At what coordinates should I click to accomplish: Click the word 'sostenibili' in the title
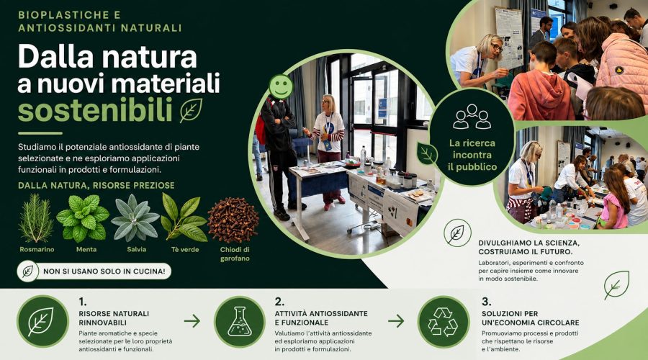tap(95, 110)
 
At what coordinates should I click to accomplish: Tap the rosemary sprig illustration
tap(37, 218)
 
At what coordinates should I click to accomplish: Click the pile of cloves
tap(233, 220)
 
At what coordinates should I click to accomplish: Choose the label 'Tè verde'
tap(185, 250)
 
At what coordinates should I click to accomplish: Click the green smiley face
tap(281, 87)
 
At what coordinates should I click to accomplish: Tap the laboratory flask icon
tap(240, 321)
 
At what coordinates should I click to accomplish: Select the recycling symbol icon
tap(443, 322)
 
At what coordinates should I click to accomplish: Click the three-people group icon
tap(472, 117)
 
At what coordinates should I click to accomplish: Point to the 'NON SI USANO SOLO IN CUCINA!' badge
tap(94, 271)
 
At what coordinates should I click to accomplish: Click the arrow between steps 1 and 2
tap(192, 320)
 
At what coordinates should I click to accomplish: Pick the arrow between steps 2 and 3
tap(396, 320)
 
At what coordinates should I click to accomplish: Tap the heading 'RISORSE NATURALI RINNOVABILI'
tap(114, 318)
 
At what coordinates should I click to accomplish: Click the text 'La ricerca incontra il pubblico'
tap(472, 155)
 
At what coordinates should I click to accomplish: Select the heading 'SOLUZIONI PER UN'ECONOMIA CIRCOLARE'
tap(530, 318)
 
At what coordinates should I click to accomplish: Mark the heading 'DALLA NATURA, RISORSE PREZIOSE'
tap(96, 185)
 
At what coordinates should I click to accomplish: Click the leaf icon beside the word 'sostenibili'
tap(191, 110)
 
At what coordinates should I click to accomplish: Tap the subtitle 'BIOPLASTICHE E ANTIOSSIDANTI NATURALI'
tap(100, 22)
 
